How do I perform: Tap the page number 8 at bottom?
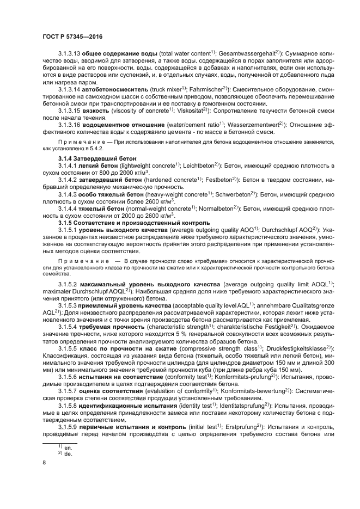pyautogui.click(x=44, y=463)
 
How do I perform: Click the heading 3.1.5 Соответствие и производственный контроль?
pyautogui.click(x=130, y=224)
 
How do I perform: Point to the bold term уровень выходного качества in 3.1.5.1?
pyautogui.click(x=120, y=231)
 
